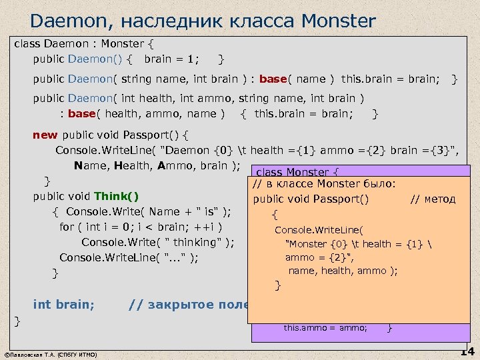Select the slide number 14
[x=467, y=352]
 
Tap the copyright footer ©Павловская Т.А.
[x=50, y=354]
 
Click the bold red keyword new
[x=45, y=135]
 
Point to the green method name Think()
[x=117, y=196]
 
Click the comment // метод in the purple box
[x=433, y=198]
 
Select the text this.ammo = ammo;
[x=325, y=327]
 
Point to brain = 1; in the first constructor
[x=171, y=59]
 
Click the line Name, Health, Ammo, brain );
[x=157, y=166]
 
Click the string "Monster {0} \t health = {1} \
[x=360, y=244]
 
